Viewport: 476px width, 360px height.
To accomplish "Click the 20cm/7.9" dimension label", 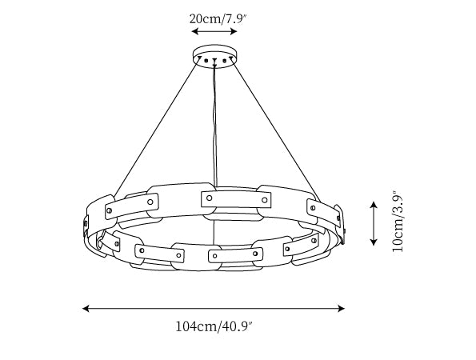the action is tap(218, 19).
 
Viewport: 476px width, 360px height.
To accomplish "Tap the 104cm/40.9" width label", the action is tap(214, 326).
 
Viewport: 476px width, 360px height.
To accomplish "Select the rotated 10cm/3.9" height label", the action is tap(398, 221).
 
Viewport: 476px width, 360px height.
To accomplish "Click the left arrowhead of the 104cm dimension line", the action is tap(86, 308).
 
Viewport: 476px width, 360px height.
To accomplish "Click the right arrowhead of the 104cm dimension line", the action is tap(342, 308).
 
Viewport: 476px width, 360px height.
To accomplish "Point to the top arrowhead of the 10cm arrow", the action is tap(374, 204).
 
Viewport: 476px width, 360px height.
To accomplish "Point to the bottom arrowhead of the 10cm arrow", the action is tap(374, 242).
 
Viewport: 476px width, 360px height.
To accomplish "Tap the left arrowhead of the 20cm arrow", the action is tap(195, 31).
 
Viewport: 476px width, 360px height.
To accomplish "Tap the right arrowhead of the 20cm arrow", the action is tap(234, 31).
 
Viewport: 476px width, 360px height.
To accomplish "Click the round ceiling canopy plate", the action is tap(214, 57).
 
